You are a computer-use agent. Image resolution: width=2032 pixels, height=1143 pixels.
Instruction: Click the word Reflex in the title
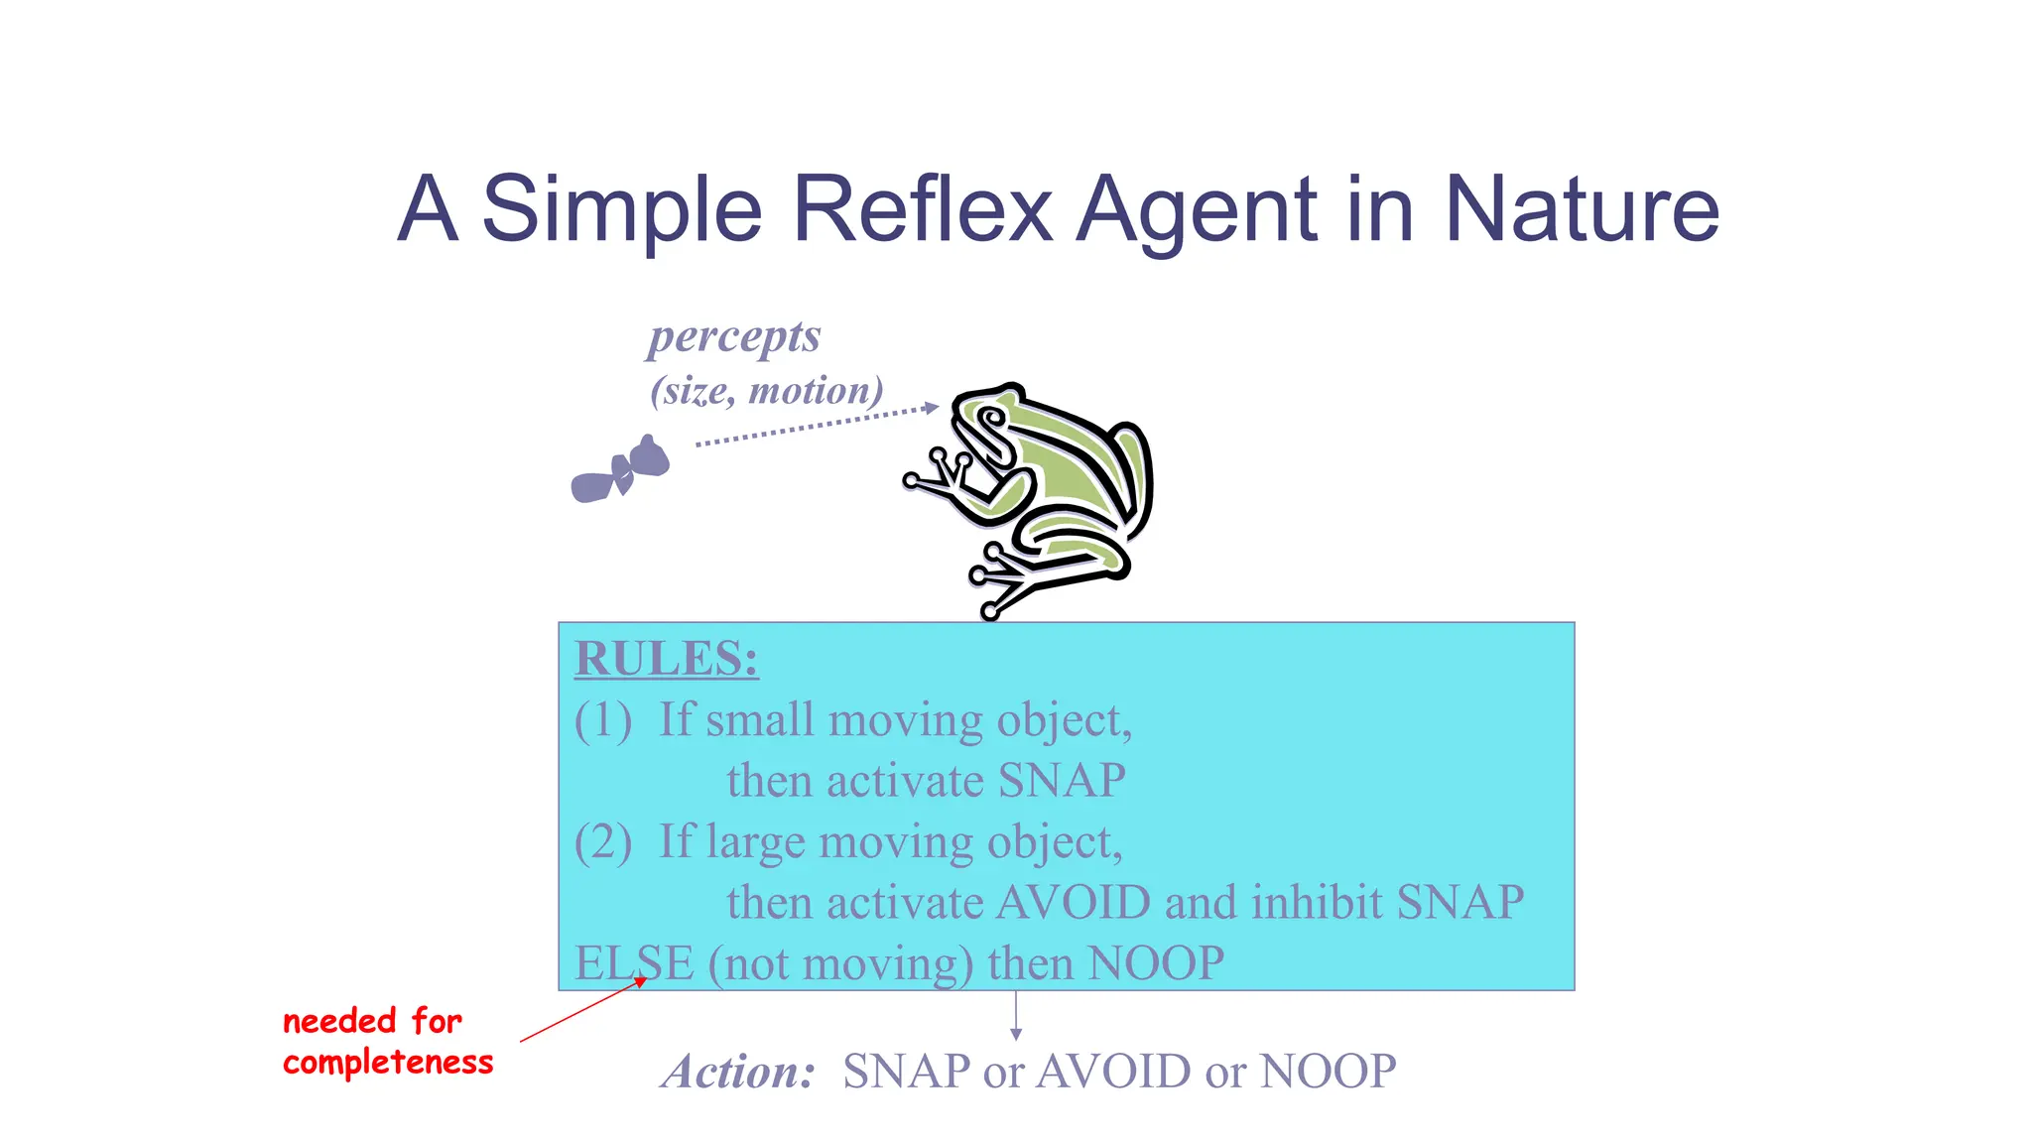coord(922,209)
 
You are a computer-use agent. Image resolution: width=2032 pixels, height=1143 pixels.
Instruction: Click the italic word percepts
coord(734,336)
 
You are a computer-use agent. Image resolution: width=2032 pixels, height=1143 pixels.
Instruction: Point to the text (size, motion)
coord(766,391)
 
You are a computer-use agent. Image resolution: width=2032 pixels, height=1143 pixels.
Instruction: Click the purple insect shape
coord(620,469)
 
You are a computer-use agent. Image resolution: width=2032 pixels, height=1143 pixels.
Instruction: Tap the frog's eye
coord(989,419)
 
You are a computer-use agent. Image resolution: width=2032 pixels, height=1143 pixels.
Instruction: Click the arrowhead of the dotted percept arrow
coord(930,407)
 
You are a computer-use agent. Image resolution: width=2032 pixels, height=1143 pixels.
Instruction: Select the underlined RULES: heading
coord(666,659)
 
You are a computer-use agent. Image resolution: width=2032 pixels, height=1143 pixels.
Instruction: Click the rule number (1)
coord(602,720)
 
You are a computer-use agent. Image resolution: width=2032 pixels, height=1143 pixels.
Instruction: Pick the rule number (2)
coord(602,842)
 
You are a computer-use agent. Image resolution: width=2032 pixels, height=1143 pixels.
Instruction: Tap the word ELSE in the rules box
coord(634,963)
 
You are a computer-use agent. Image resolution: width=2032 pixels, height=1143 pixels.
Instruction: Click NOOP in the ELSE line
coord(1156,963)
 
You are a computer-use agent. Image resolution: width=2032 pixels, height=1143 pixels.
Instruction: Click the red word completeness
coord(388,1063)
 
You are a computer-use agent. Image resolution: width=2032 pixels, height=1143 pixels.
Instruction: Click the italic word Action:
coord(738,1072)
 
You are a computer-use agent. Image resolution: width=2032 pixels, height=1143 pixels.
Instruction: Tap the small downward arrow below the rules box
coord(1015,1017)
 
